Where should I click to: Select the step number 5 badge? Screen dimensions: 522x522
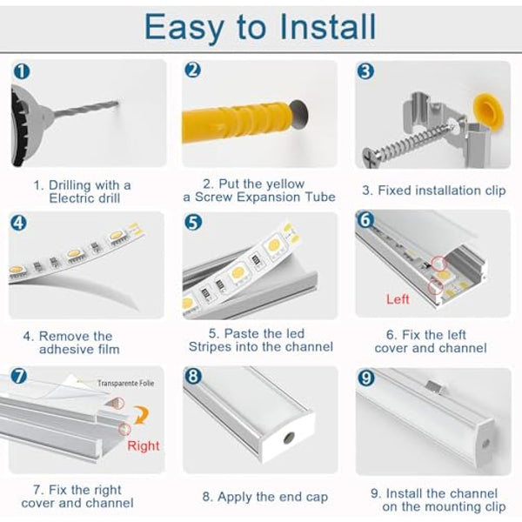point(193,222)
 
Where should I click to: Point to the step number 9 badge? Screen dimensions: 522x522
point(366,378)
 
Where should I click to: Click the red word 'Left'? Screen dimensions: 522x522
point(398,299)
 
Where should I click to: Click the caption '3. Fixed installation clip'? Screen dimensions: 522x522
point(432,190)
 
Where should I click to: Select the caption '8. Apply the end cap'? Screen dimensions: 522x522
point(264,497)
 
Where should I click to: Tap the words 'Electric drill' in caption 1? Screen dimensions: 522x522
point(84,198)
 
